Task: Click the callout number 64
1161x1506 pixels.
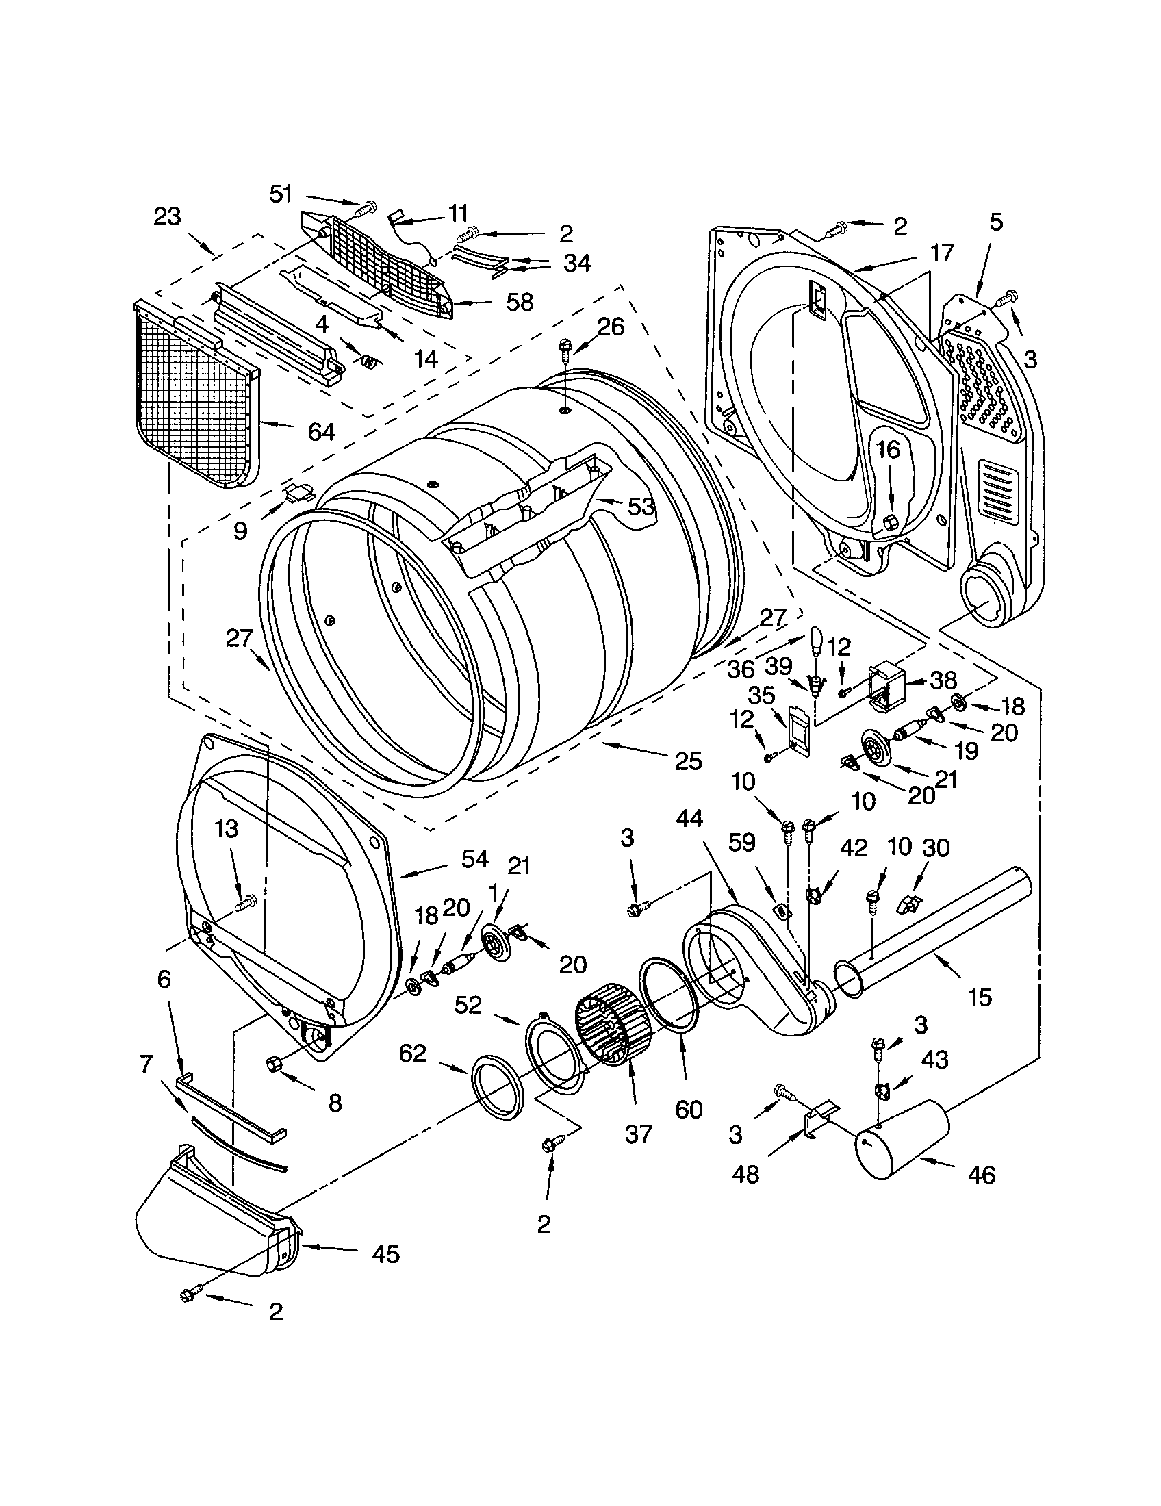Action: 320,432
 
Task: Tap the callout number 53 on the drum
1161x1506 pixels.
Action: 640,506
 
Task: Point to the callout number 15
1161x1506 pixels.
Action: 980,997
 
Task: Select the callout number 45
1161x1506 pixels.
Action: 385,1253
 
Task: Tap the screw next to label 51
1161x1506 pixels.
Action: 370,205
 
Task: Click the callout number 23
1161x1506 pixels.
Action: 167,216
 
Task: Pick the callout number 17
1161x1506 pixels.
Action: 941,253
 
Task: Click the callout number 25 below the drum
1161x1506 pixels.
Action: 688,761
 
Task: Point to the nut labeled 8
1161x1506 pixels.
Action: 272,1064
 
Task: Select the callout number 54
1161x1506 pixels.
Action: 474,859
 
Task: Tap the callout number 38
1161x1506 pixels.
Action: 943,680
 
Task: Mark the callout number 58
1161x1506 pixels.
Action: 519,302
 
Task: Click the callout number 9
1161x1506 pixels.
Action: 240,531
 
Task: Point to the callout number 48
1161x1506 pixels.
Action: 745,1173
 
